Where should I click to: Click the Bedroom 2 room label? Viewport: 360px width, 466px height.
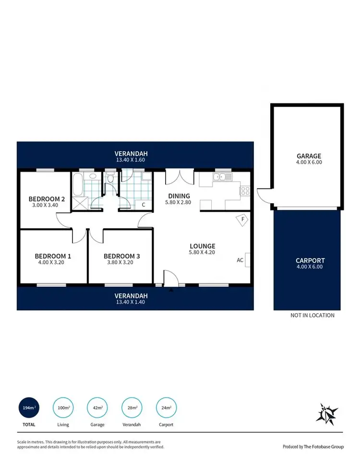[x=47, y=199]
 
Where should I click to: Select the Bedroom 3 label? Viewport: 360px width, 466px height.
[x=122, y=256]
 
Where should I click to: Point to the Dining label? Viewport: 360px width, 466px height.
[x=179, y=196]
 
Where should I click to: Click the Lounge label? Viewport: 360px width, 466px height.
[x=202, y=246]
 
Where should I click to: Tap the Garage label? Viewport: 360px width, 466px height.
[x=309, y=156]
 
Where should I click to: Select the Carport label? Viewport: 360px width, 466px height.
[x=310, y=261]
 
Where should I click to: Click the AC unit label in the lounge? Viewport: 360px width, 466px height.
[x=240, y=260]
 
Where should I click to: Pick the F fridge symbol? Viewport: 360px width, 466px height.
[x=243, y=219]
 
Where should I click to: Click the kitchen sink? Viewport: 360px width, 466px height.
[x=222, y=178]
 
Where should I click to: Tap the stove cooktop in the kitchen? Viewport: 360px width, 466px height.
[x=245, y=190]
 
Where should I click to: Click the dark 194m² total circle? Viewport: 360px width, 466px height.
[x=28, y=408]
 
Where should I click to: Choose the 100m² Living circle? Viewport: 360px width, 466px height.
[x=63, y=408]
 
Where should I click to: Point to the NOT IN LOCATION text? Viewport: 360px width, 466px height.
[x=312, y=316]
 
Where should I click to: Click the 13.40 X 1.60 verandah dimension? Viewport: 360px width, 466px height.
[x=131, y=161]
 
